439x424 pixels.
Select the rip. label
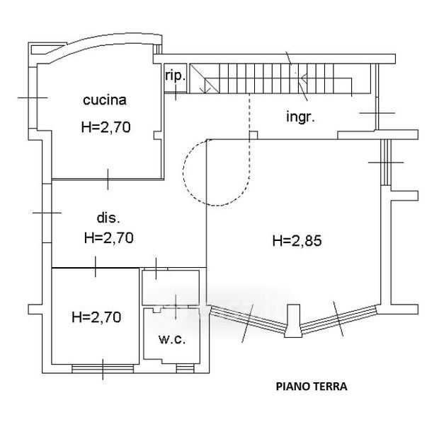point(175,76)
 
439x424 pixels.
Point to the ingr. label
point(301,117)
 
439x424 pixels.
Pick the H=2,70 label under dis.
point(109,237)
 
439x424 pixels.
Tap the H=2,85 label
point(297,241)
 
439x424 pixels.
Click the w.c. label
point(171,340)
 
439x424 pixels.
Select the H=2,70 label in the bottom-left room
point(96,317)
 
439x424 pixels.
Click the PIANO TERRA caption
point(312,387)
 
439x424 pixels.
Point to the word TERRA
point(331,387)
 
